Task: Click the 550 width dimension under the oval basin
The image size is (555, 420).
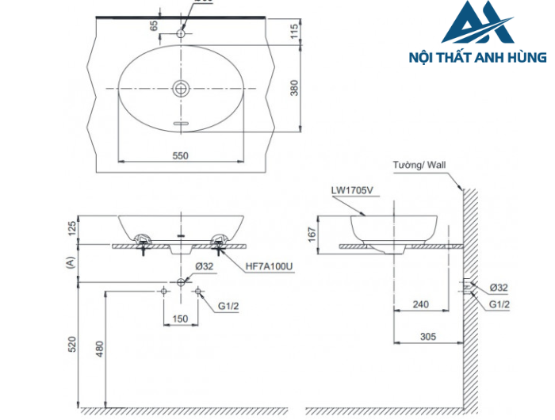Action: click(181, 155)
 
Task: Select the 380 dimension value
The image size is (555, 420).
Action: click(294, 87)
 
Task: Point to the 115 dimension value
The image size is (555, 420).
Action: click(294, 31)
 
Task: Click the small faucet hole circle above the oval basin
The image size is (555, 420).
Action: click(182, 33)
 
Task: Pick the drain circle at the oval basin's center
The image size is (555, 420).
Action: click(182, 87)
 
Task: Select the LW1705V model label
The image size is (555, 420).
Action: click(353, 191)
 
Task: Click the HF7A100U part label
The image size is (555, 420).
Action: click(270, 267)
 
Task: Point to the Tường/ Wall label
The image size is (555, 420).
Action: click(420, 166)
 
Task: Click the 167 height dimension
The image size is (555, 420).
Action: click(312, 233)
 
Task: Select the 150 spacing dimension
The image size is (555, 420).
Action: click(181, 319)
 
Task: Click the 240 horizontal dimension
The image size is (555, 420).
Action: click(421, 302)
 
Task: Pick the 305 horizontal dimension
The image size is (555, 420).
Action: click(429, 337)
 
